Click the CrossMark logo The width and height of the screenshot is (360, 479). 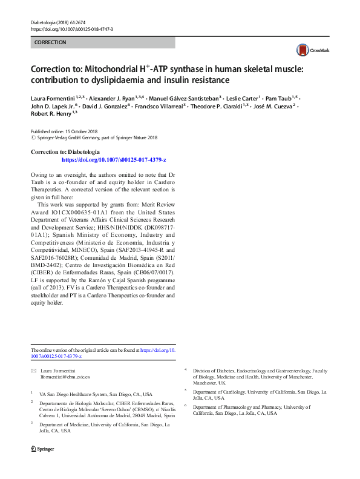(x=310, y=51)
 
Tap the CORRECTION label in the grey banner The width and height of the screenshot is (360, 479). (x=51, y=42)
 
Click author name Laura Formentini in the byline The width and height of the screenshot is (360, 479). (x=50, y=97)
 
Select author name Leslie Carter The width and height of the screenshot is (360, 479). (x=243, y=97)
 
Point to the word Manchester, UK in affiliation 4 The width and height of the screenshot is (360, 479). (x=209, y=383)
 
